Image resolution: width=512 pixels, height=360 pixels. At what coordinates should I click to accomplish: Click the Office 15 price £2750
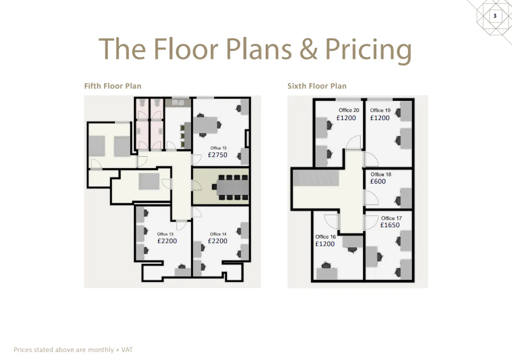pos(217,155)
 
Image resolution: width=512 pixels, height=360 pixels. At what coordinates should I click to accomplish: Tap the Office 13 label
pos(165,234)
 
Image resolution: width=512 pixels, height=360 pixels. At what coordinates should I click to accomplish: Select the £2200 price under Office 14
pos(217,241)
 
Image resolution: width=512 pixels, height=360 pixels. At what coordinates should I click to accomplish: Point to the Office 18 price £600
pos(378,181)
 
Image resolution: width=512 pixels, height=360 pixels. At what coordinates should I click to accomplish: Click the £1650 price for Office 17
pos(390,225)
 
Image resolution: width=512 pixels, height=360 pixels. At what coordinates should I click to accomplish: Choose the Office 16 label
pos(326,237)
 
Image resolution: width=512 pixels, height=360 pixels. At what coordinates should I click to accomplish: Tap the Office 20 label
pos(349,110)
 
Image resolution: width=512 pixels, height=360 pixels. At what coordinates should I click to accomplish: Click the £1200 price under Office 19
pos(380,118)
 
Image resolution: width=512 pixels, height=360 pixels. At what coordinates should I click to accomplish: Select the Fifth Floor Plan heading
pos(113,86)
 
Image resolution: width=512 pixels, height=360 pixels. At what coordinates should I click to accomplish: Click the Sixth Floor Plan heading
pos(317,86)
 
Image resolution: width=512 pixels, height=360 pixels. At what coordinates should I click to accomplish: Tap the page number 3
pos(495,16)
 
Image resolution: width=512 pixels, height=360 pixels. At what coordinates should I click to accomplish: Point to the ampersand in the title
pos(308,49)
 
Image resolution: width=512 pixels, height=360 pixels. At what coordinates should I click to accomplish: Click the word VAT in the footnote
pos(127,350)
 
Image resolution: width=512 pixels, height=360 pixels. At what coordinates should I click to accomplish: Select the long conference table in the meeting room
pos(233,187)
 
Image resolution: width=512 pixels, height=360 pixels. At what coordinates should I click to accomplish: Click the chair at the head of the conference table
pos(214,187)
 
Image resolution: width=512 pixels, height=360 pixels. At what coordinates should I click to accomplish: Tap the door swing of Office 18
pos(371,197)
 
